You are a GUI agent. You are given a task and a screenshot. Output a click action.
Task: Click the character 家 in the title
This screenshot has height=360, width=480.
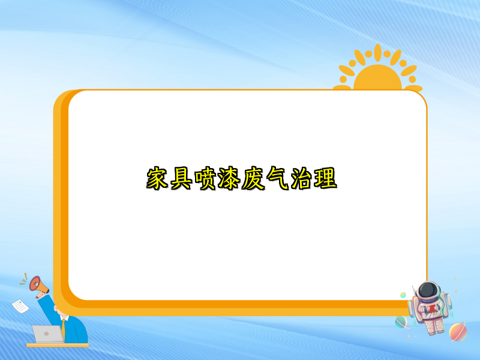(x=158, y=179)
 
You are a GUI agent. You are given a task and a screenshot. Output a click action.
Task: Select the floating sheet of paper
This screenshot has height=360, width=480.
(x=20, y=305)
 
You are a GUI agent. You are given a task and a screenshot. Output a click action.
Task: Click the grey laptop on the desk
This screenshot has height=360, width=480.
(x=47, y=334)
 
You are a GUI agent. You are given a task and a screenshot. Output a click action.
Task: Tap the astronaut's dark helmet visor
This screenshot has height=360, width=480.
(x=427, y=292)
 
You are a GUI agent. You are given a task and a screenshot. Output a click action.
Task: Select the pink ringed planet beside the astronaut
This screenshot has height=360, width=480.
(x=457, y=331)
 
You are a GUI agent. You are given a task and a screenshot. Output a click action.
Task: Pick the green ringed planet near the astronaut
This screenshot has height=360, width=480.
(x=401, y=322)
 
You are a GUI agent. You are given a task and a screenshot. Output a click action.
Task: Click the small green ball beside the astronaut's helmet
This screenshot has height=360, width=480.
(x=403, y=295)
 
